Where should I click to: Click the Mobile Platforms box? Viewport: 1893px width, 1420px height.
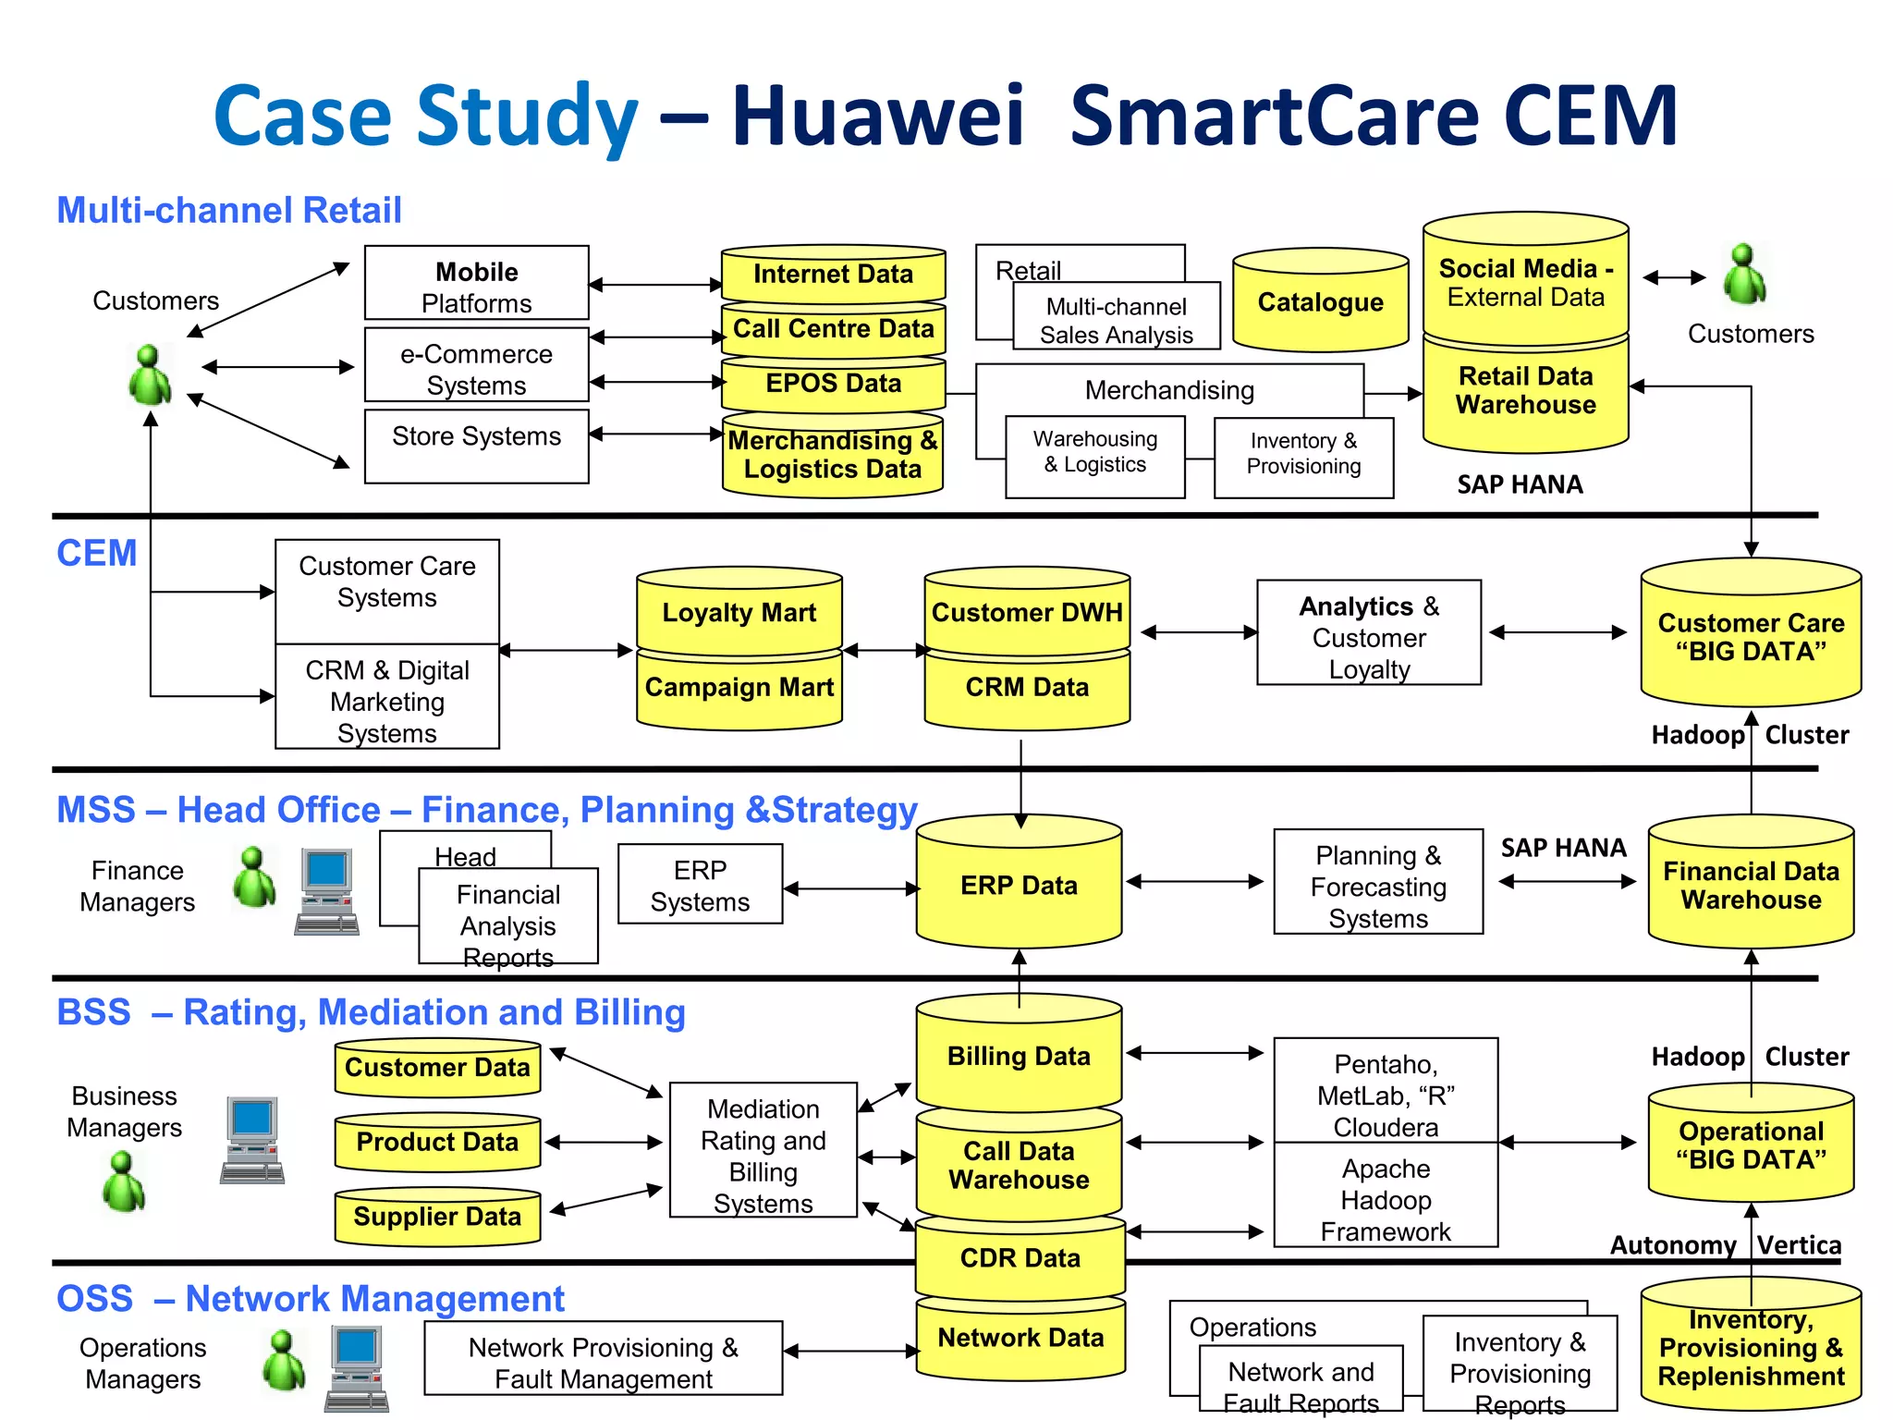(476, 283)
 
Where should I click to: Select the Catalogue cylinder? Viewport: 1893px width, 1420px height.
(1320, 302)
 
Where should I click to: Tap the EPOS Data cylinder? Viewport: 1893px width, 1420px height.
(833, 384)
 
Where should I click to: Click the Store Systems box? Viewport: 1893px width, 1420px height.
(476, 447)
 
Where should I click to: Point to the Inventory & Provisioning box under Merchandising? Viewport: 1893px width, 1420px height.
(1303, 458)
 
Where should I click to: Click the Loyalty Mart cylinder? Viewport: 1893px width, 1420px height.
(739, 612)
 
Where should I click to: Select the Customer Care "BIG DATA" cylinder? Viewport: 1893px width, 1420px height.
(1750, 637)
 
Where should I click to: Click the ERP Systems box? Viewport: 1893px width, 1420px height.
(700, 884)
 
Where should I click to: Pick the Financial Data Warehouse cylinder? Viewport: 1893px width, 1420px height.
(1750, 885)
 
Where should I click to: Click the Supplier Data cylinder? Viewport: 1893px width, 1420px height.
(437, 1217)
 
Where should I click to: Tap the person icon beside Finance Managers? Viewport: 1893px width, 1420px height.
(254, 877)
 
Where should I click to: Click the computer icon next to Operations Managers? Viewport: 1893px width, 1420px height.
(357, 1368)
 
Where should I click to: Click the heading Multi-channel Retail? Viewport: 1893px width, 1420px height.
(229, 211)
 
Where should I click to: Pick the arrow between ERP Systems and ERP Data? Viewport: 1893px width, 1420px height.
(850, 888)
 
